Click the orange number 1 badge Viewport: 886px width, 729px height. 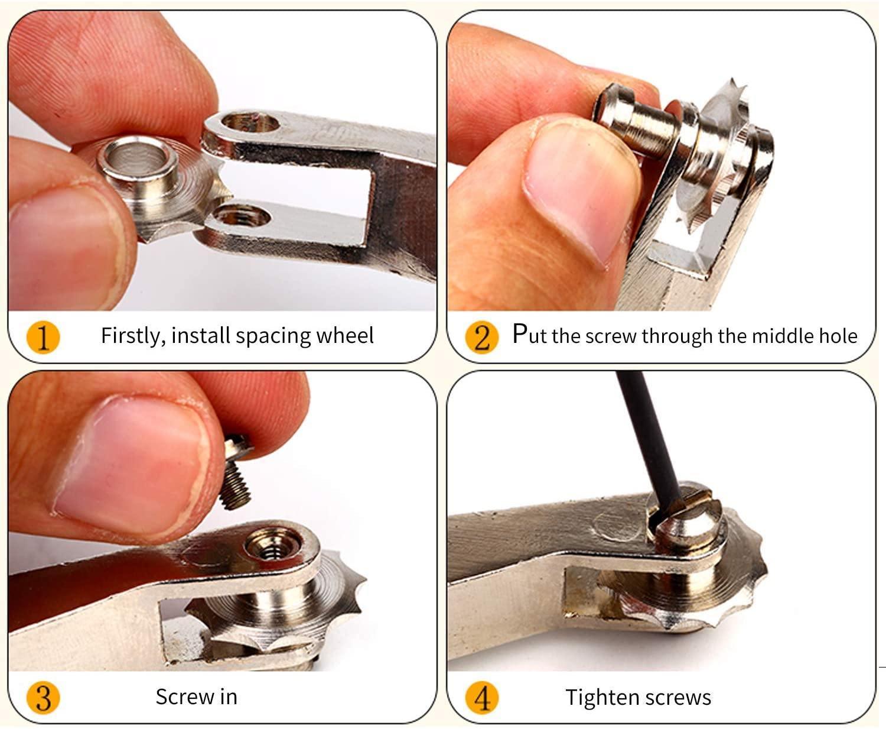[x=43, y=337]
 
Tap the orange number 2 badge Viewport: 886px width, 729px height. [x=482, y=337]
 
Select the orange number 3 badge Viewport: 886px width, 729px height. [x=43, y=698]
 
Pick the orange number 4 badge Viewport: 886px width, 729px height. [x=482, y=698]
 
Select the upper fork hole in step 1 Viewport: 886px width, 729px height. [x=251, y=123]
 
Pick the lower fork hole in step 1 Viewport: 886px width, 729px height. [x=242, y=216]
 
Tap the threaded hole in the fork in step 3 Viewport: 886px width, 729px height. [x=273, y=547]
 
